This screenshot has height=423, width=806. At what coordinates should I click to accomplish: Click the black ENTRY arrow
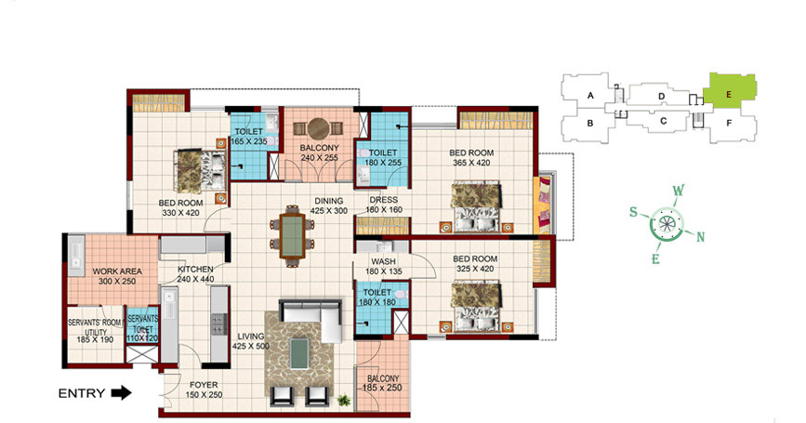121,393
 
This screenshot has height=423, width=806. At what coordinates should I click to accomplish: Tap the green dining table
293,236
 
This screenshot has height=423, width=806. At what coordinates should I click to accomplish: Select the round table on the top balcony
318,128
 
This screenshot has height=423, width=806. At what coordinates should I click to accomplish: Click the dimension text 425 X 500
250,347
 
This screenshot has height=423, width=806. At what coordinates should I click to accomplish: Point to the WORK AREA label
117,271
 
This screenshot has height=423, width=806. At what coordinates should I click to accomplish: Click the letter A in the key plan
590,96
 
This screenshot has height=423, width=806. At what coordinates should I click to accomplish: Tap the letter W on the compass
679,191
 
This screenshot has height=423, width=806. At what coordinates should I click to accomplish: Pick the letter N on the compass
700,237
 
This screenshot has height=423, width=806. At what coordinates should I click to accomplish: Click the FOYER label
204,385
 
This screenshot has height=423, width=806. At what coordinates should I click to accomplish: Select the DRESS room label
383,200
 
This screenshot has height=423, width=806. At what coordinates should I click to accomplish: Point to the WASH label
383,261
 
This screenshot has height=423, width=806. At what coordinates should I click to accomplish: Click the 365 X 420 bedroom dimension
471,163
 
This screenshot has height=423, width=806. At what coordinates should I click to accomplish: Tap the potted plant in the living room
344,400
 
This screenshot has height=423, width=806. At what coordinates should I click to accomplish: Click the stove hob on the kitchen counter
218,324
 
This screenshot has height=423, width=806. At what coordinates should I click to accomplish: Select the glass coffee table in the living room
299,353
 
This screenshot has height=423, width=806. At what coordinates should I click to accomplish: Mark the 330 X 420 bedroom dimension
180,213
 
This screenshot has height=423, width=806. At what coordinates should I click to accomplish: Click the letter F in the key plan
729,124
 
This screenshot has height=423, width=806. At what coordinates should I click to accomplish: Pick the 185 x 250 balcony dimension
382,388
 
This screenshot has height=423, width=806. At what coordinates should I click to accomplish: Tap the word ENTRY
82,393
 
